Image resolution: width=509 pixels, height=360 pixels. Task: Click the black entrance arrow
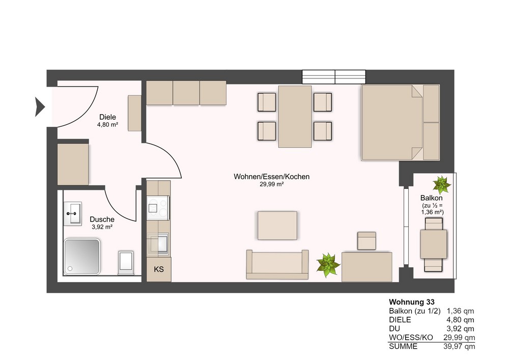pyautogui.click(x=40, y=106)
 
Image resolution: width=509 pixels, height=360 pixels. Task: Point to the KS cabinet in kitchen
pyautogui.click(x=159, y=269)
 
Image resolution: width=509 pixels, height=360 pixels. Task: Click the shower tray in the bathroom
pyautogui.click(x=82, y=257)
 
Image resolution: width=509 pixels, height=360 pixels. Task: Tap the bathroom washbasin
pyautogui.click(x=72, y=213)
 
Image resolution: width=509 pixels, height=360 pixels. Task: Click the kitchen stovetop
pyautogui.click(x=158, y=208)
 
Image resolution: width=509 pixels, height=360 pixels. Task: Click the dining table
pyautogui.click(x=295, y=117)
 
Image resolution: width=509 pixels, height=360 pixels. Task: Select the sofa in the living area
pyautogui.click(x=277, y=265)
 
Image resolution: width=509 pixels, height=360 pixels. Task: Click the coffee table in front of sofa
pyautogui.click(x=277, y=226)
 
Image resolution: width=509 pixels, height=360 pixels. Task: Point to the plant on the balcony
pyautogui.click(x=441, y=185)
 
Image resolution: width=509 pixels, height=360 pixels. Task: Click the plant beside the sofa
pyautogui.click(x=328, y=265)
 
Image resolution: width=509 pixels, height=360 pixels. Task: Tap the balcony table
pyautogui.click(x=433, y=244)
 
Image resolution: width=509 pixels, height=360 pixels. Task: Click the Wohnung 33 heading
pyautogui.click(x=412, y=302)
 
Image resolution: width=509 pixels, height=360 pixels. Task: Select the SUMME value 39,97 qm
pyautogui.click(x=459, y=346)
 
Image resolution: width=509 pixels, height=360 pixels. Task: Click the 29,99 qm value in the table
pyautogui.click(x=459, y=338)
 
